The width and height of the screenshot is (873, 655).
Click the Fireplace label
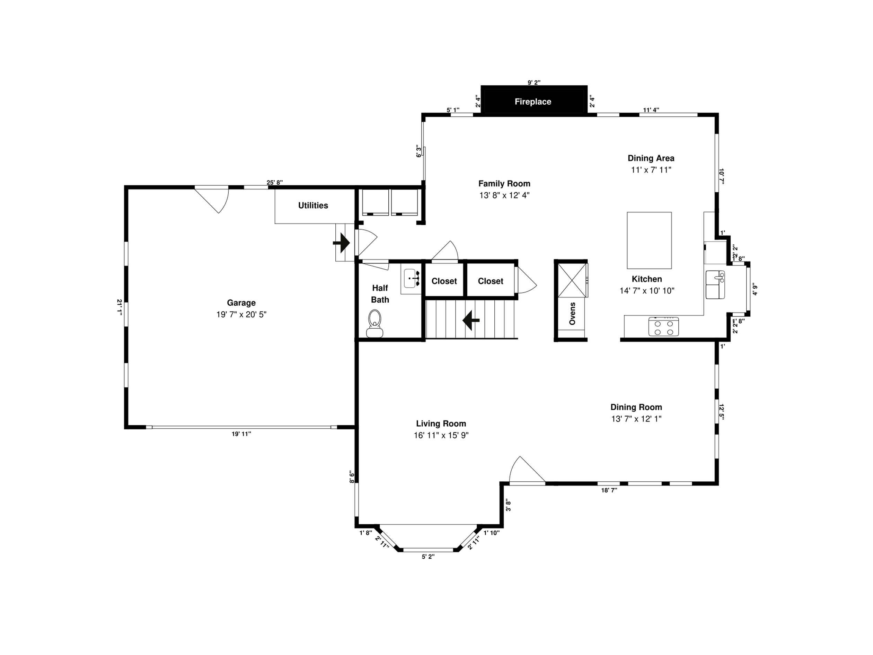coord(533,102)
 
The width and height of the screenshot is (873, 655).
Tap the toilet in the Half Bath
coord(374,324)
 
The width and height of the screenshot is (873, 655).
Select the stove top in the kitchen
coord(663,327)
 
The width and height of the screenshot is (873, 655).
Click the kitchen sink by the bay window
coord(715,285)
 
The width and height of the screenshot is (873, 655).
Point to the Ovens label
coord(572,314)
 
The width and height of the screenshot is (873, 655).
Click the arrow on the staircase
coord(471,320)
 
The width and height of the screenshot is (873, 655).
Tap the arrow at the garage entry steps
coord(342,243)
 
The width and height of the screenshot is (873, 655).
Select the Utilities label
coord(313,205)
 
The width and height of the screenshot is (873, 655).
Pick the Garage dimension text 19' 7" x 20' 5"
coord(241,315)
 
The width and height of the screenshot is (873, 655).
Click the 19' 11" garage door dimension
coord(241,434)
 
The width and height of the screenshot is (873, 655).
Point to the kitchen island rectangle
coord(649,241)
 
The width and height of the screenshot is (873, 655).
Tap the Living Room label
coord(441,423)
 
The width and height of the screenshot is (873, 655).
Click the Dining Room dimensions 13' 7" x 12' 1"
coord(636,419)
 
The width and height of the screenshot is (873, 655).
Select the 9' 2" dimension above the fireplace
coord(534,82)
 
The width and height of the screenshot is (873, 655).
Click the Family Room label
coord(504,184)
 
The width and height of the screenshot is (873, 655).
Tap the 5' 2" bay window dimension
coord(428,557)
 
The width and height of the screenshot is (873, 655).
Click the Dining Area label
coord(651,158)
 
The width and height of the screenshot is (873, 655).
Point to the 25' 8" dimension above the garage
coord(275,182)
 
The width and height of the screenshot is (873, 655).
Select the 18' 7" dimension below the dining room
coord(609,490)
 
